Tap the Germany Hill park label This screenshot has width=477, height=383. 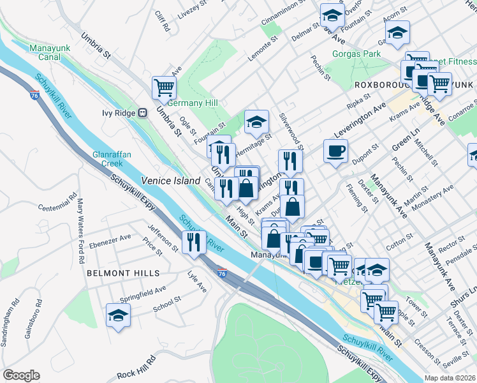[193, 103]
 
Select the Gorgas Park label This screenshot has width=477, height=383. [356, 54]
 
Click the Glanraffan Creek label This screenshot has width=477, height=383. [107, 158]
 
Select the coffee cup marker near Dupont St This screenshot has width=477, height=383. [335, 151]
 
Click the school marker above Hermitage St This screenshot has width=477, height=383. [256, 120]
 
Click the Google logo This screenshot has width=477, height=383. [22, 375]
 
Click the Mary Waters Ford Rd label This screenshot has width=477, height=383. [80, 232]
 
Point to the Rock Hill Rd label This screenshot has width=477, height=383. [137, 373]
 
